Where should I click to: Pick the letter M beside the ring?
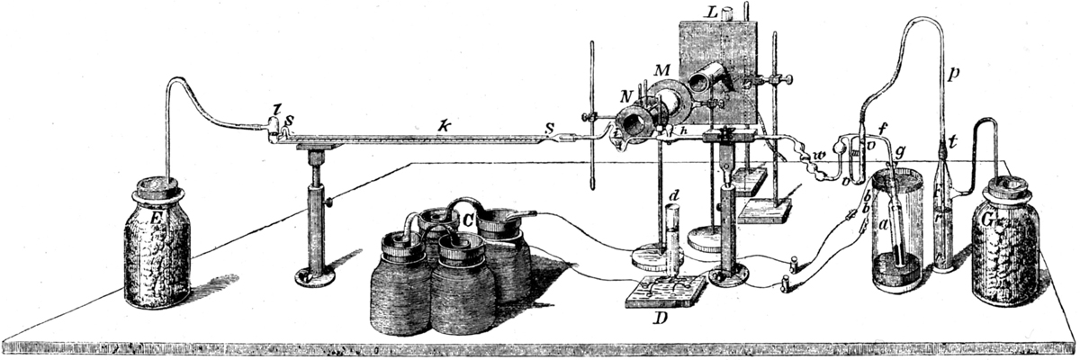(661, 70)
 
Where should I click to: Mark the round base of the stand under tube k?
(315, 274)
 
